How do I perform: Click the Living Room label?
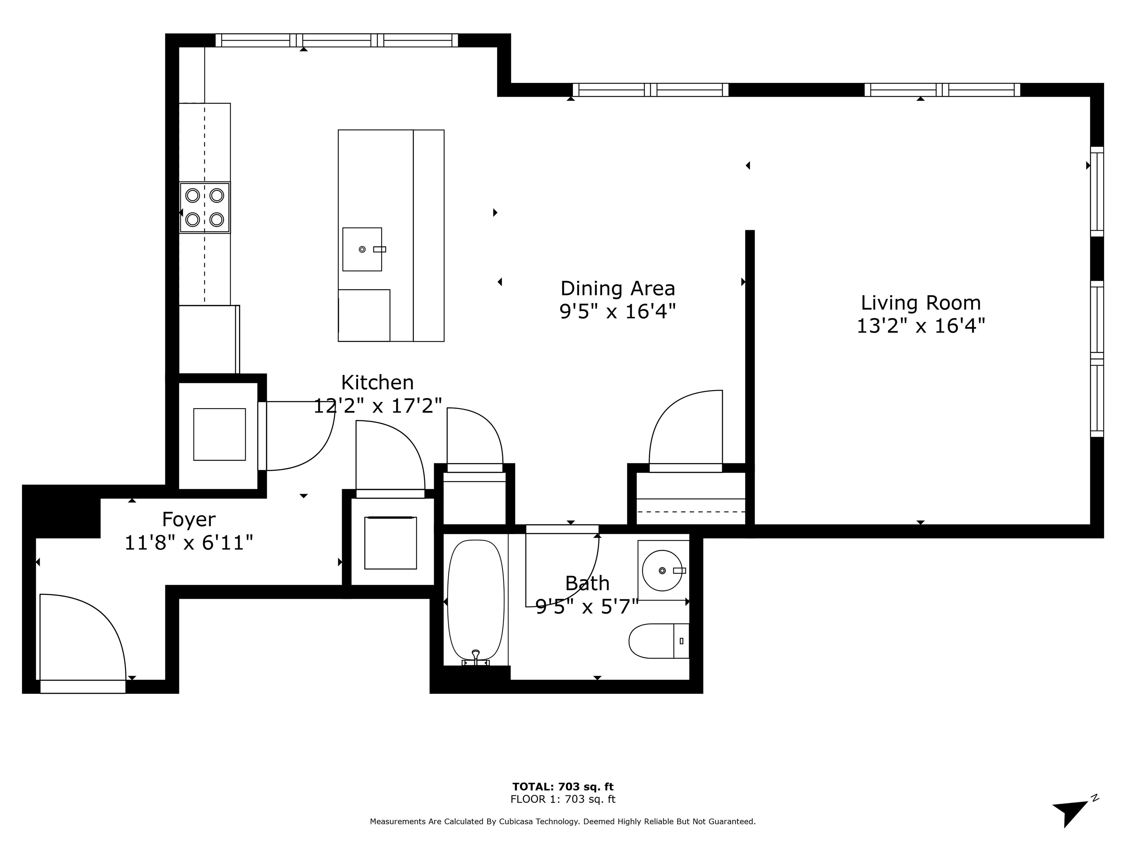point(920,303)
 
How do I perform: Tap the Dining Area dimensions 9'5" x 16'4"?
point(618,311)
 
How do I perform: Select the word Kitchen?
point(377,383)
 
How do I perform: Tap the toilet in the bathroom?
point(657,641)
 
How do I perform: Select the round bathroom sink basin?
point(662,570)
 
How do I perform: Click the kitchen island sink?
point(362,249)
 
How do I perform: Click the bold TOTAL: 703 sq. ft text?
point(563,787)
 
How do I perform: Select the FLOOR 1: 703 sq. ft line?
point(563,799)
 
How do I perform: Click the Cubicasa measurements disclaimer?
point(563,822)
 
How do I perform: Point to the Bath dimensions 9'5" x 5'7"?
point(587,607)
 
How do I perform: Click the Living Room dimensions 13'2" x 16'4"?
point(920,326)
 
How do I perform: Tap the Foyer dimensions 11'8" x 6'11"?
point(188,543)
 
